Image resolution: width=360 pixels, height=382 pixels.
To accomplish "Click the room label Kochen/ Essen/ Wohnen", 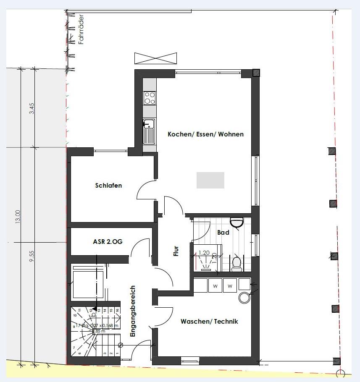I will click(x=205, y=134).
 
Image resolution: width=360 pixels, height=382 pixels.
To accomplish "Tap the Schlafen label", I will click(x=108, y=185).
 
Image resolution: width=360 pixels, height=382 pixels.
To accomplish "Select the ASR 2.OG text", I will click(x=108, y=242).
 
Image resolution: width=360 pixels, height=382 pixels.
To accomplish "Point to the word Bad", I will click(x=223, y=232).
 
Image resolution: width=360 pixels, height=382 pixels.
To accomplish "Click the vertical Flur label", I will click(x=176, y=251).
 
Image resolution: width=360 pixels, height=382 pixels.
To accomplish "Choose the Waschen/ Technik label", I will click(x=209, y=321).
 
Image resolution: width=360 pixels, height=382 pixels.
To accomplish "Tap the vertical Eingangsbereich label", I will click(x=133, y=311).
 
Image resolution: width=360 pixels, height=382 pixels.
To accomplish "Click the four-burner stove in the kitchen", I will click(x=150, y=98).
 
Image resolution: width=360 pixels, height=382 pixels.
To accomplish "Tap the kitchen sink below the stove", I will click(x=149, y=130).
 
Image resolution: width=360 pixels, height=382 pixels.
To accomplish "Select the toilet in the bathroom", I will click(x=236, y=263).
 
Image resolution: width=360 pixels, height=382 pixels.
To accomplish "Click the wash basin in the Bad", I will click(x=237, y=222).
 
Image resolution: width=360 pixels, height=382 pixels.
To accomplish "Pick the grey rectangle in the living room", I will click(x=210, y=180).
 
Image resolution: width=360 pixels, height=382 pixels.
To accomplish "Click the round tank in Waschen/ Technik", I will click(x=244, y=298).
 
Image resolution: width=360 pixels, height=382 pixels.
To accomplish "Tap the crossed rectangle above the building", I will click(x=155, y=58).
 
